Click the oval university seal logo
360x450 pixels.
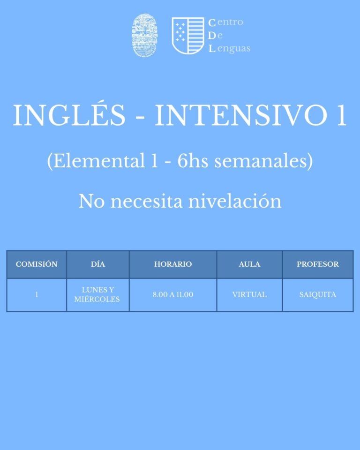(144, 35)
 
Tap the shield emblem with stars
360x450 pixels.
(188, 36)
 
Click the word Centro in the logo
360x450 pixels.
(225, 22)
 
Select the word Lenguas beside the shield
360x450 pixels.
(229, 48)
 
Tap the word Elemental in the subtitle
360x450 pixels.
(99, 161)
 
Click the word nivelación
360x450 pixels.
(234, 201)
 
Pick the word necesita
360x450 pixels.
(146, 202)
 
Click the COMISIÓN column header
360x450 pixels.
(37, 264)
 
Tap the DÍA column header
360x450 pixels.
(98, 264)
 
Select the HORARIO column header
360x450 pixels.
(173, 264)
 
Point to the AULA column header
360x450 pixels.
(249, 264)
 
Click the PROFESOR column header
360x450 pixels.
(318, 264)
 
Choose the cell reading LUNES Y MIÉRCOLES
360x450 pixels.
(97, 294)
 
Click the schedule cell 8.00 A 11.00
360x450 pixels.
(173, 295)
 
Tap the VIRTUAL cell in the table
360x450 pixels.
(249, 295)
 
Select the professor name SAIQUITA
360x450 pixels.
(318, 295)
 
